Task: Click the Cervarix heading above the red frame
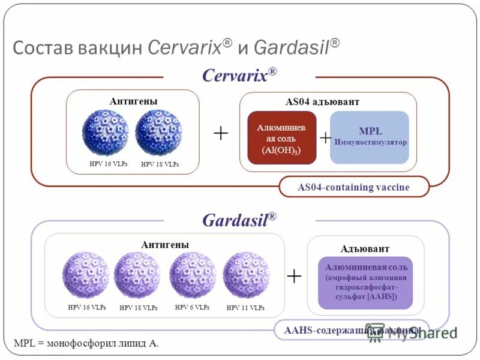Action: point(239,76)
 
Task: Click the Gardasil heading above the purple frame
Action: point(239,220)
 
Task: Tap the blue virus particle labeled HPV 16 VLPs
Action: point(105,132)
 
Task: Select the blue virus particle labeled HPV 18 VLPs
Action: point(158,132)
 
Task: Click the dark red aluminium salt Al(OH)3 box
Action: point(281,138)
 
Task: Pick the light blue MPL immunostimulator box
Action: point(370,137)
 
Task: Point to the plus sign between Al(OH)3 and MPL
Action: point(325,138)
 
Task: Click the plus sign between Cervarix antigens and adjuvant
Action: point(220,133)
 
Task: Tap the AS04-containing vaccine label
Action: point(354,187)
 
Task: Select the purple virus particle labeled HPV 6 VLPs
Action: point(193,275)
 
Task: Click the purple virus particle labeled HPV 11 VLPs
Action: point(246,275)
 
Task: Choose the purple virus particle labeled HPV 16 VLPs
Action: point(86,275)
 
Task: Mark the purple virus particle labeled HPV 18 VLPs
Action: point(137,275)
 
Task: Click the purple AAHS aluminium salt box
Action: point(366,282)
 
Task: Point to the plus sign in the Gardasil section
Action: point(294,276)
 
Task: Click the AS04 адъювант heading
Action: point(322,102)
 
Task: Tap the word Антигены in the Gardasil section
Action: point(165,245)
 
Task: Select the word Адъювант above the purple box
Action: point(365,248)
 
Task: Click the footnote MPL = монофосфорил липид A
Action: point(86,343)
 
